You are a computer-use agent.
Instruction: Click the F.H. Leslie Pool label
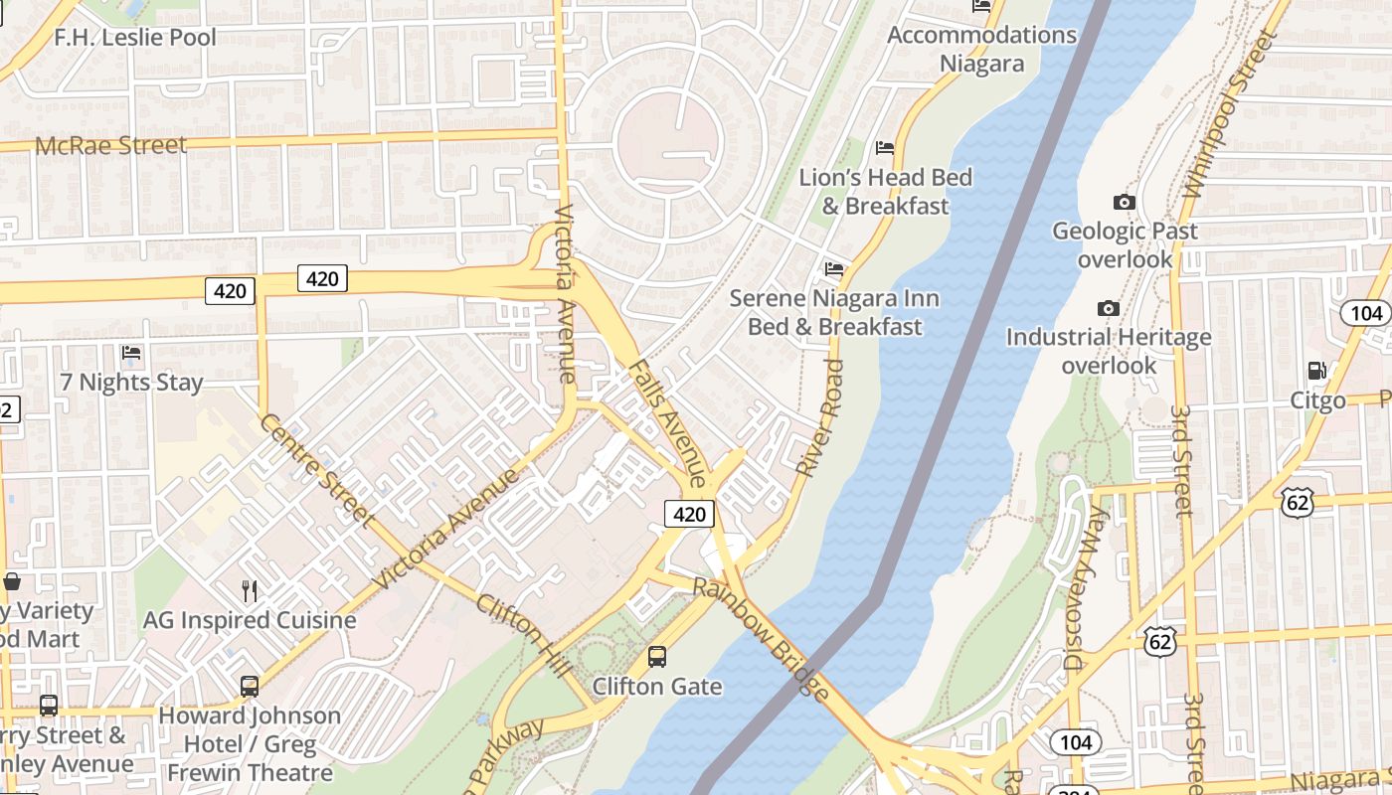point(135,38)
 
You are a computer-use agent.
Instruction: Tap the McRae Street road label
point(110,145)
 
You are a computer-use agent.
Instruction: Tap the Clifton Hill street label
point(523,636)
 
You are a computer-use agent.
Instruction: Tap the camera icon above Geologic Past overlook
point(1125,202)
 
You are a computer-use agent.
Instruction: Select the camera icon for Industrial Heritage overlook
point(1109,308)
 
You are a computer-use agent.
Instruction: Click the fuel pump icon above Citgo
point(1316,371)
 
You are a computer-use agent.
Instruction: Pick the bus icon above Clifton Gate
point(657,656)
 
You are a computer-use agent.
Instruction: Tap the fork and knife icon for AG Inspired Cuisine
point(250,590)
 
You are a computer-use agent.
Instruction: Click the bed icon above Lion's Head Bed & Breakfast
point(885,148)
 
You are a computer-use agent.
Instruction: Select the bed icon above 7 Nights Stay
point(130,352)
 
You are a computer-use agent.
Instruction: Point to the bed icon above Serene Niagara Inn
point(834,268)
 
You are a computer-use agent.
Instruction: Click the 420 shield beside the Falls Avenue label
point(689,514)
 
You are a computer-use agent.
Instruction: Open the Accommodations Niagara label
point(981,49)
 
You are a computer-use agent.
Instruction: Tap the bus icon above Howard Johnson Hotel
point(250,686)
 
